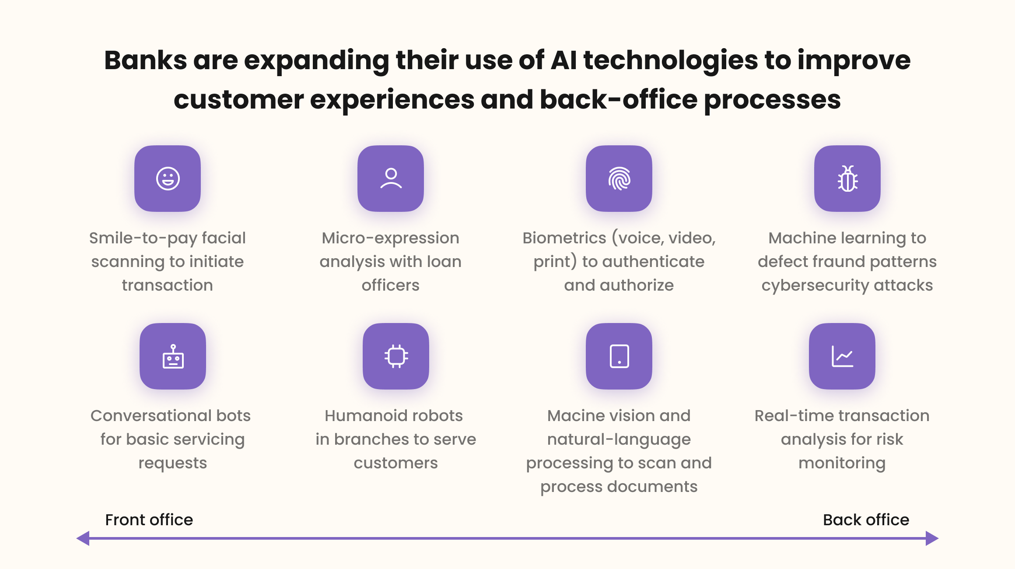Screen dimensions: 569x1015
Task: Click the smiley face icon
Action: [168, 179]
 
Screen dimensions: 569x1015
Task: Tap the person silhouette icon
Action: [391, 179]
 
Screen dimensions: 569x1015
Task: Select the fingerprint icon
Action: [619, 179]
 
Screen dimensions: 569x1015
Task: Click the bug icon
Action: [847, 179]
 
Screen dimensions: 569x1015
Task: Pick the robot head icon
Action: [173, 356]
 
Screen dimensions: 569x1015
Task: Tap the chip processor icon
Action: [396, 356]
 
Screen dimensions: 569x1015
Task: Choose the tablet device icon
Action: [619, 356]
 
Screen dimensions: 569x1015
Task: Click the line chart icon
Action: [842, 356]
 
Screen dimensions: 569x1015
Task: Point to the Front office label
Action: [149, 520]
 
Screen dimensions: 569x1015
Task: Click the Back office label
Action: [866, 520]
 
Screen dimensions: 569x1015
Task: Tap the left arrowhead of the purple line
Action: [83, 538]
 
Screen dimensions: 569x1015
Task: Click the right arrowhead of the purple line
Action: [932, 538]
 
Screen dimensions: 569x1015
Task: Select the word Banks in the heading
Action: [145, 60]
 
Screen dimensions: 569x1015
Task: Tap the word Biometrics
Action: [564, 238]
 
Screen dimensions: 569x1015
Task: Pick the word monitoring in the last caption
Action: [842, 463]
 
